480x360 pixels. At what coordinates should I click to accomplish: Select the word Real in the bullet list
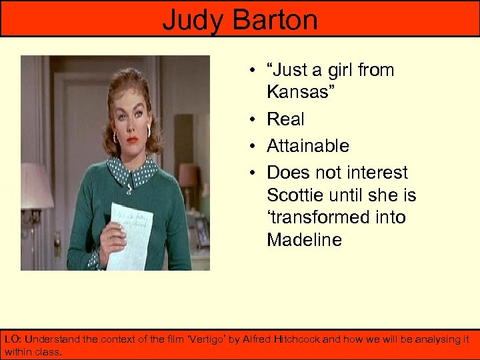[x=285, y=119]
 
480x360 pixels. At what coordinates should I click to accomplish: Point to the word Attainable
[x=308, y=146]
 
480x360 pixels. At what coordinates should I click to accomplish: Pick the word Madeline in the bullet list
[x=304, y=240]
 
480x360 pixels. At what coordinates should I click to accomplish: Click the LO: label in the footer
[x=13, y=339]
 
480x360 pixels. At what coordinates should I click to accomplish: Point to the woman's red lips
[x=133, y=140]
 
